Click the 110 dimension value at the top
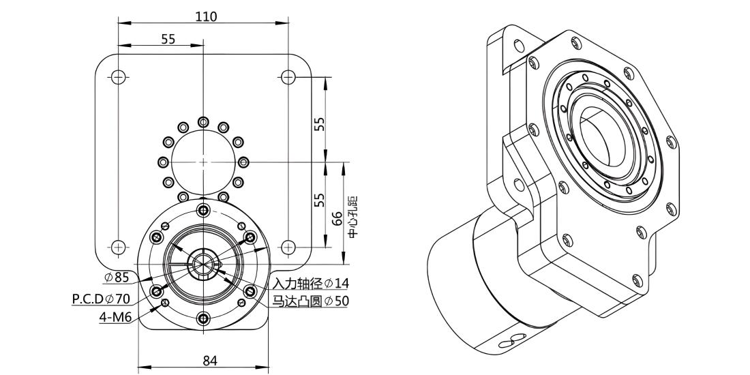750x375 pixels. (x=206, y=16)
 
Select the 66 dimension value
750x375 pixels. (x=337, y=219)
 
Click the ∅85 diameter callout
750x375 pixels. (x=117, y=276)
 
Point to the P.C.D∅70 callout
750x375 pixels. (x=101, y=299)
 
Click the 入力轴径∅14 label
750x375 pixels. (x=311, y=283)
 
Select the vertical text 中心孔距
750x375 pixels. (x=353, y=217)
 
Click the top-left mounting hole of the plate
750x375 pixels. (x=118, y=76)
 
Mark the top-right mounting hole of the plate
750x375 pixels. (x=288, y=76)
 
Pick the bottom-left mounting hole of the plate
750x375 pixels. (x=118, y=247)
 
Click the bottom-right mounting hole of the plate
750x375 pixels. (x=288, y=247)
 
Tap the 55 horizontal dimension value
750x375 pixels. (x=168, y=39)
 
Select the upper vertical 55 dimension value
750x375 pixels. (x=320, y=124)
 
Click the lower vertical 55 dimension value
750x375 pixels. (x=320, y=199)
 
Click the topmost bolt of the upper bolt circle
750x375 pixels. (x=203, y=121)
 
